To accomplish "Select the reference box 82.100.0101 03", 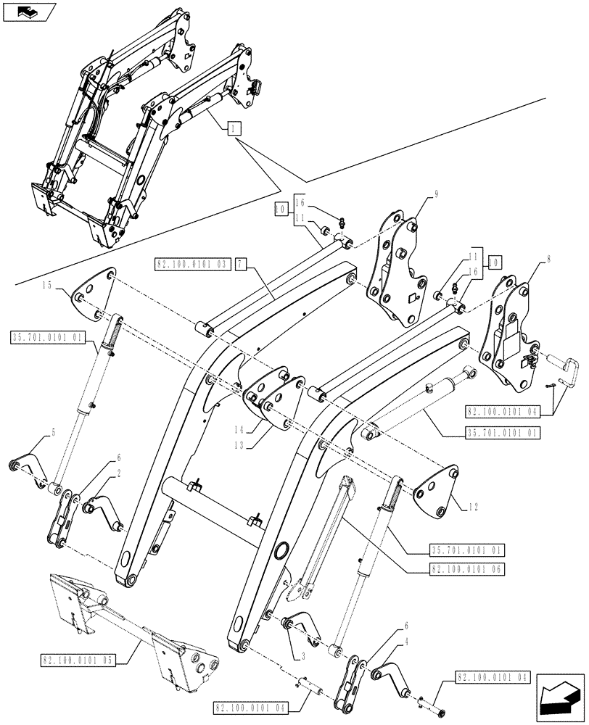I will (x=191, y=265).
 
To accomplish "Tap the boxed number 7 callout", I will (x=240, y=265).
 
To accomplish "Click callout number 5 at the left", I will (x=52, y=434).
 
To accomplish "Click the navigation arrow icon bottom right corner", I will (x=559, y=700).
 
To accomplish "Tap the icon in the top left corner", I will (x=28, y=12).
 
